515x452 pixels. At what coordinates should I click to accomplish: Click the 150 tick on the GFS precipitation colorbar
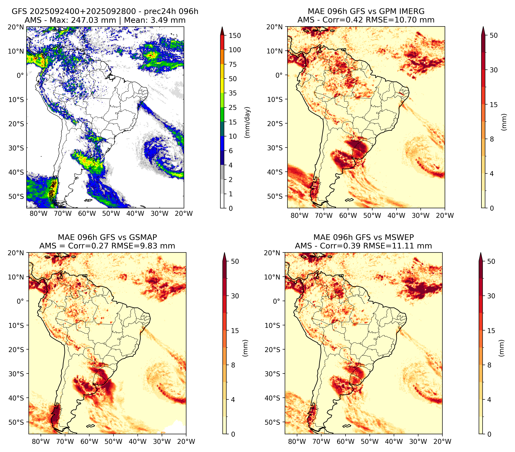(x=235, y=36)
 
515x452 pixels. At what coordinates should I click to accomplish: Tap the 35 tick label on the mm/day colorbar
(x=232, y=93)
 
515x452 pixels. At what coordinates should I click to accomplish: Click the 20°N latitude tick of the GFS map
(x=16, y=27)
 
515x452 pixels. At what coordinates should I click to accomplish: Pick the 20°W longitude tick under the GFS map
(x=184, y=213)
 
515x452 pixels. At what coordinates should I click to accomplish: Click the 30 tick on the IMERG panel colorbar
(x=494, y=70)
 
